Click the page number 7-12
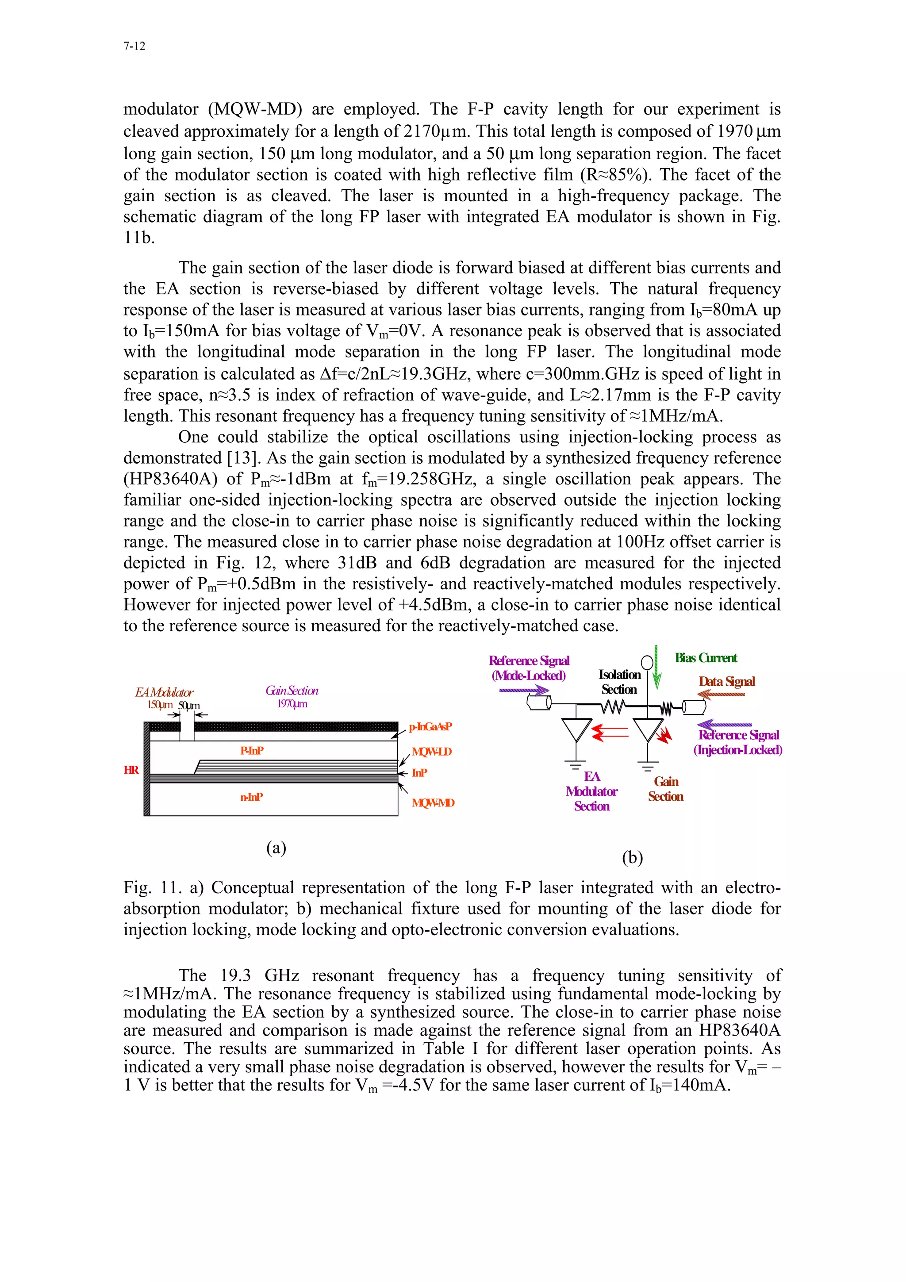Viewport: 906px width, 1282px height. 134,46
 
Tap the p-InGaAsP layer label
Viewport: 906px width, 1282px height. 430,726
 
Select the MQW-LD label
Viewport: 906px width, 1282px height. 431,752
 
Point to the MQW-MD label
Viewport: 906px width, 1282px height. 433,803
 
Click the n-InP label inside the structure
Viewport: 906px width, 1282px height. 251,797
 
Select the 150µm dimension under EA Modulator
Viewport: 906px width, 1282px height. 160,705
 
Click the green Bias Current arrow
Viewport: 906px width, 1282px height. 657,667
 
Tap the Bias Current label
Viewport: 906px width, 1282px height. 706,658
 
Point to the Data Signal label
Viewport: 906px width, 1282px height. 726,681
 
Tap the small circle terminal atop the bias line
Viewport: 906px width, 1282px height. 647,663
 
